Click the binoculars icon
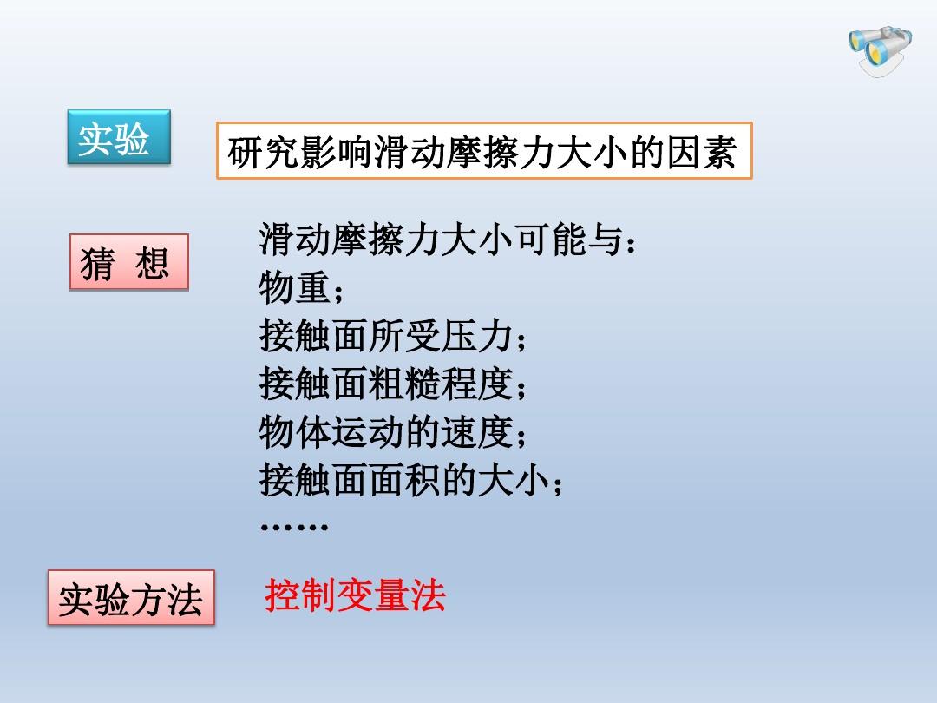[881, 51]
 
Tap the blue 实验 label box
[119, 137]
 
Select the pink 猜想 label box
[129, 262]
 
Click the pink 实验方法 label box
[131, 598]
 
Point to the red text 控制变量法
[355, 595]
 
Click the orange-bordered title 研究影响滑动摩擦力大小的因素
[484, 151]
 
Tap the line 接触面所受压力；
[393, 335]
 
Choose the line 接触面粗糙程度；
[393, 384]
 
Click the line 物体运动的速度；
[393, 431]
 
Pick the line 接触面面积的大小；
[411, 480]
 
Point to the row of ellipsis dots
[294, 527]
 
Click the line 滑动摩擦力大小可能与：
[448, 240]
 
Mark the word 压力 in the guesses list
[477, 335]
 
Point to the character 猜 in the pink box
[97, 263]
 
